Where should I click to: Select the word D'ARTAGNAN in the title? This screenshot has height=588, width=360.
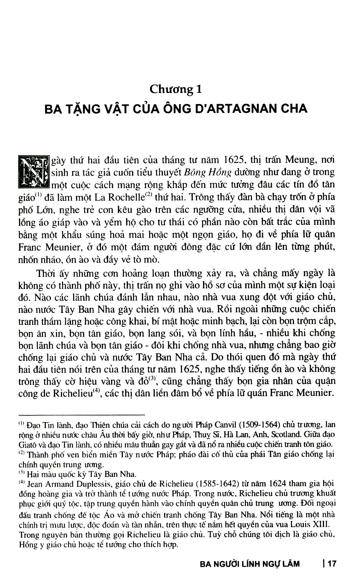point(240,109)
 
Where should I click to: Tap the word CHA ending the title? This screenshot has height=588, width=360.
point(294,109)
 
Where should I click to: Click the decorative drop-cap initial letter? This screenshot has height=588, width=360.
point(34,171)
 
